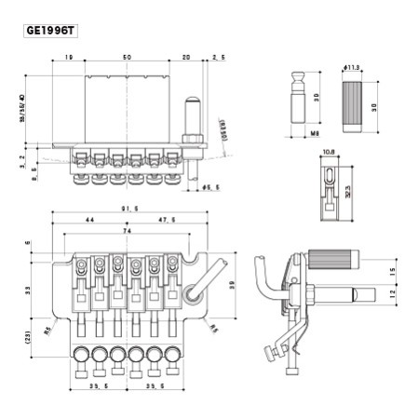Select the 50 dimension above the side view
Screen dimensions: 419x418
point(126,58)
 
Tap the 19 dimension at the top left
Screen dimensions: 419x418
point(70,58)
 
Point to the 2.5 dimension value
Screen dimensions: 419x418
point(219,58)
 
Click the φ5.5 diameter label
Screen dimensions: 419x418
point(210,188)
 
